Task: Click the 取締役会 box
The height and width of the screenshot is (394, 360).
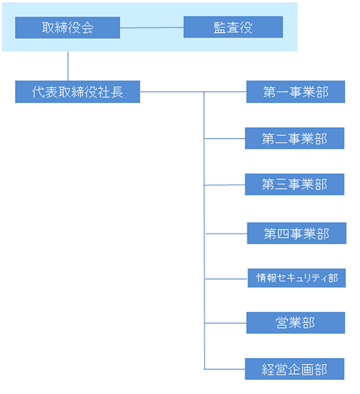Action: pos(67,28)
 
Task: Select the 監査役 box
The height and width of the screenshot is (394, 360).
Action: pos(233,27)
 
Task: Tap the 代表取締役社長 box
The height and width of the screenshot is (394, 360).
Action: pos(77,92)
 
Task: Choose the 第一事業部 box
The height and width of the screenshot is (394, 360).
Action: pos(295,92)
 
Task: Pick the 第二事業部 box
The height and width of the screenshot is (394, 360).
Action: pos(295,138)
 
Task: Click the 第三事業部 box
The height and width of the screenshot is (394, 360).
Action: pos(295,184)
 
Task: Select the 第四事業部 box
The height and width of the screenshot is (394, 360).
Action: pos(296,233)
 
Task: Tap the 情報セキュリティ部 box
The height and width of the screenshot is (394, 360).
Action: pos(296,278)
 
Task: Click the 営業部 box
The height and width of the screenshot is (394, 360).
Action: pos(295,323)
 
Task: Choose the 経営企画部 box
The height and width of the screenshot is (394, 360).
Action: pos(295,369)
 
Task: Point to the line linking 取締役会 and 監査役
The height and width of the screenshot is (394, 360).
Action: pos(151,28)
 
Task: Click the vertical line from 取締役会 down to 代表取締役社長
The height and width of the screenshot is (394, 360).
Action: pos(67,66)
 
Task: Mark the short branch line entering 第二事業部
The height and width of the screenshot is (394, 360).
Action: pos(224,138)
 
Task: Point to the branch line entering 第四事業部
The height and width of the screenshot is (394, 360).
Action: pos(226,233)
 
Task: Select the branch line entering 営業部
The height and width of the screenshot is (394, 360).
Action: pos(226,323)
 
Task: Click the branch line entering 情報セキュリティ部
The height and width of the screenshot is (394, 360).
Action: pos(226,279)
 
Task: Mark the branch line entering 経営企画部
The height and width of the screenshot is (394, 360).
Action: pos(224,369)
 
